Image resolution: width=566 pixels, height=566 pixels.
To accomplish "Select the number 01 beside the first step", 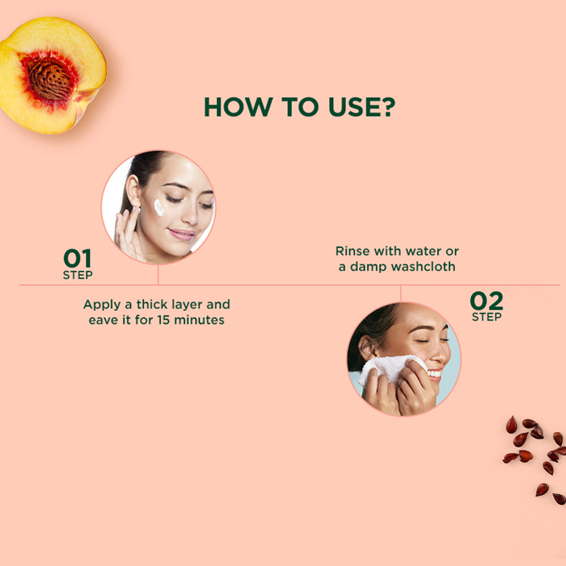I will coord(77,259).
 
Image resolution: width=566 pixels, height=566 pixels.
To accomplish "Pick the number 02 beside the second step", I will coord(486,301).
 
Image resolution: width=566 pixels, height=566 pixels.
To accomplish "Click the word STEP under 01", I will coord(78,276).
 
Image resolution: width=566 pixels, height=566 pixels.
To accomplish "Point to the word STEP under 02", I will coord(486,317).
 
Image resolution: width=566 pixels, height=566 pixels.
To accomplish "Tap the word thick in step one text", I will coord(153,305).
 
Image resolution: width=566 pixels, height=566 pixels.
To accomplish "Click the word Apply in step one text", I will coord(102,305).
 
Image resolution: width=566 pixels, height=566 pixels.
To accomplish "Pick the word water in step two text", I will coord(424,251).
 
